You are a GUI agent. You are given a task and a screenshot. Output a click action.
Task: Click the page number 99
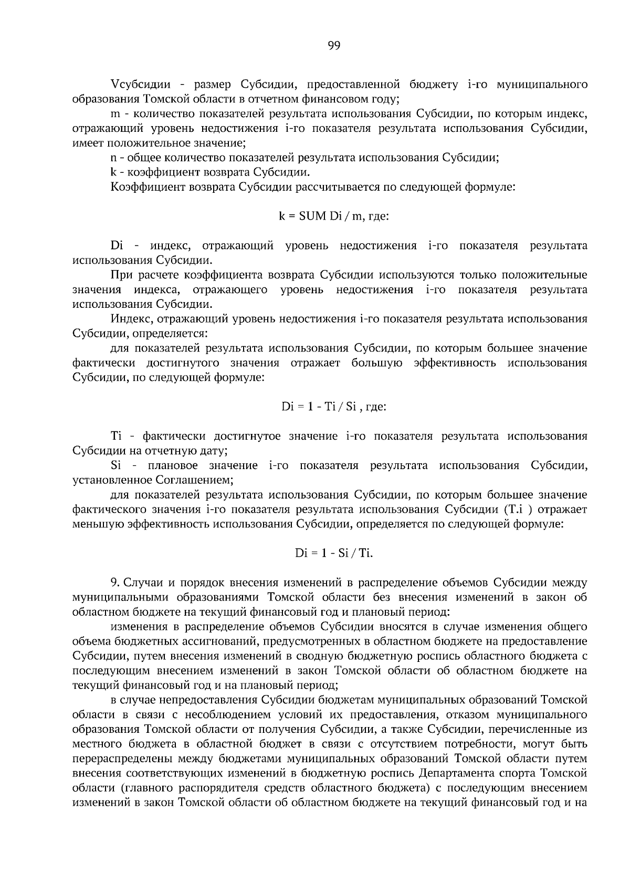pyautogui.click(x=334, y=46)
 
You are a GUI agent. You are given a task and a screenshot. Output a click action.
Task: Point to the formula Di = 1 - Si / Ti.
pyautogui.click(x=334, y=553)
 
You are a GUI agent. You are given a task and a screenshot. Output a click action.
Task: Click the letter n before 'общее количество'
pyautogui.click(x=114, y=158)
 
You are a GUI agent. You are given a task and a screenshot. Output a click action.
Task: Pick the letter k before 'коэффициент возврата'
pyautogui.click(x=113, y=172)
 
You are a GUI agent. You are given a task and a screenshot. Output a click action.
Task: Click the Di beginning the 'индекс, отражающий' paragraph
pyautogui.click(x=117, y=245)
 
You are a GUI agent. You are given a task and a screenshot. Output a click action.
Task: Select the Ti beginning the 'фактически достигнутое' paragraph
pyautogui.click(x=116, y=436)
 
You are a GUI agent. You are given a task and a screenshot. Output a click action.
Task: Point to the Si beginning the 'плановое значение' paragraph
pyautogui.click(x=116, y=465)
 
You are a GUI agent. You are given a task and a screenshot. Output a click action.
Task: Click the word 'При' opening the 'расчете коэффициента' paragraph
pyautogui.click(x=122, y=275)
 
